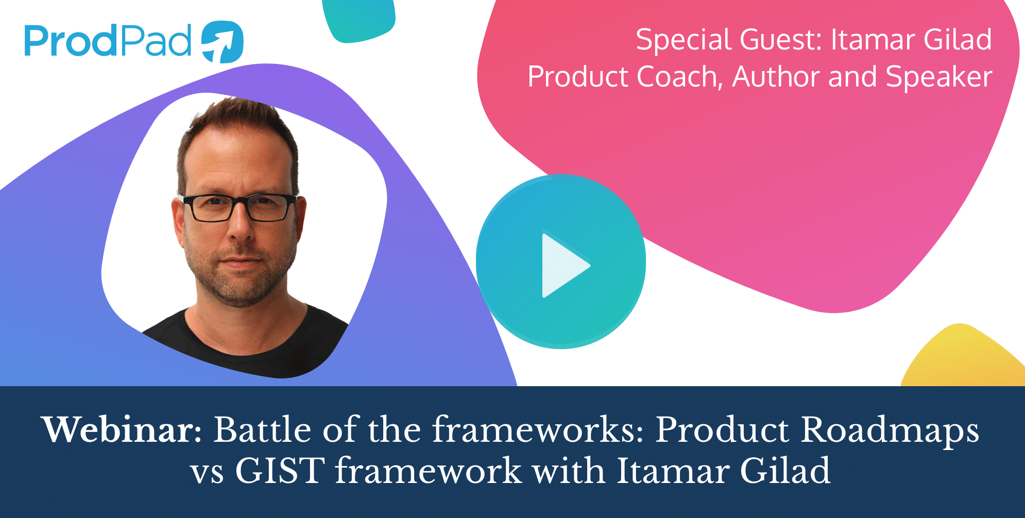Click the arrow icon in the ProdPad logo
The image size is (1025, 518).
222,42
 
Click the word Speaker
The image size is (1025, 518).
939,78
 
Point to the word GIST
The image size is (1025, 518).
280,470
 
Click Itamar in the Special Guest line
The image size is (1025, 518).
874,40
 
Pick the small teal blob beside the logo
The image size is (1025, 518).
359,20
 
